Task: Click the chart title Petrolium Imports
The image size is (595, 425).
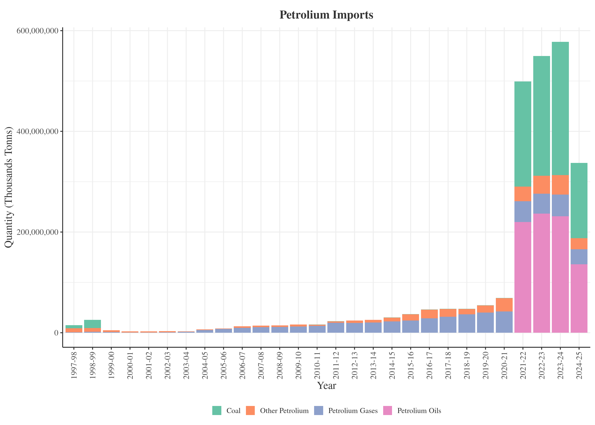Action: pos(326,15)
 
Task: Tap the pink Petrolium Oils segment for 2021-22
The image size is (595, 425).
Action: pos(523,277)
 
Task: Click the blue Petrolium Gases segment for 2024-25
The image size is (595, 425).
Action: pos(579,257)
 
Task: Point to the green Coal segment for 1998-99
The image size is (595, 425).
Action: pos(92,324)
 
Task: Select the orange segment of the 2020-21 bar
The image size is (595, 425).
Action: pos(504,305)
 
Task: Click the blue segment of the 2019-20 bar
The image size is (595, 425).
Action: pos(485,323)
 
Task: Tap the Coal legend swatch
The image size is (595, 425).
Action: pos(217,410)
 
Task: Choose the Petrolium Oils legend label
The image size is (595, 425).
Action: pos(419,411)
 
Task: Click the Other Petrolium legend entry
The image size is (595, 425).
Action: pos(284,411)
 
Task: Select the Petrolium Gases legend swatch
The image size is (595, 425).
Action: pos(319,410)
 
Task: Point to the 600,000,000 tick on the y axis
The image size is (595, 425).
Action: pos(37,31)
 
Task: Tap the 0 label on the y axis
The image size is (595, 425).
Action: pos(56,333)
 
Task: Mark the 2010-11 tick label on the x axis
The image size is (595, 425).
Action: pos(317,365)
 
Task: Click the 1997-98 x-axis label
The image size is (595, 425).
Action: pos(74,365)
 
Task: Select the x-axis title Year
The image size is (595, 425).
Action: pos(326,385)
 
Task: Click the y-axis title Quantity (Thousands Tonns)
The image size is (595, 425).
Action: pos(8,187)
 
